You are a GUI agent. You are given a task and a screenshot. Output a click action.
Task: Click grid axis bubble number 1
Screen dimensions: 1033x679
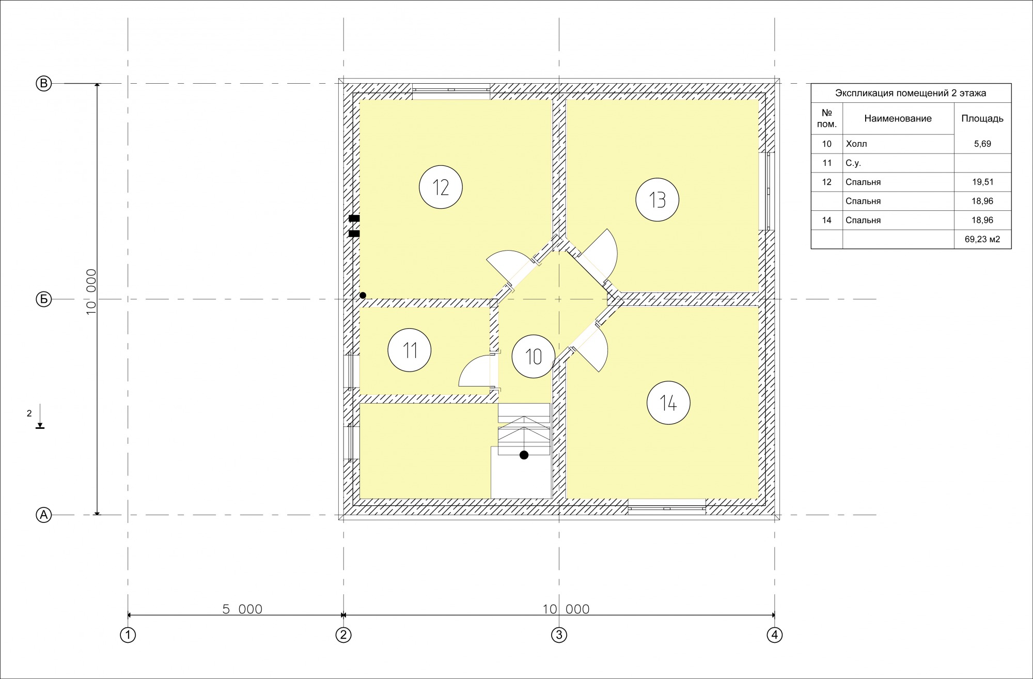(x=128, y=635)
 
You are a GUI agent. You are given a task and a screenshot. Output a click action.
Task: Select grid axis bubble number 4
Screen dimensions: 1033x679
(x=775, y=635)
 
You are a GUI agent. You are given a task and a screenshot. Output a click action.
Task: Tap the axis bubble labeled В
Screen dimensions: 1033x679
(x=44, y=84)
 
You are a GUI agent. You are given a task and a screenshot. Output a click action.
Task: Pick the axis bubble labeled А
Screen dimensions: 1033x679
(x=44, y=515)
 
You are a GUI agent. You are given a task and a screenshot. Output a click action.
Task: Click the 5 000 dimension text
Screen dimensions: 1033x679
(x=242, y=609)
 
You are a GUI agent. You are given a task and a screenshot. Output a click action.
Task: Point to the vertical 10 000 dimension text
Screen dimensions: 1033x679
(x=91, y=291)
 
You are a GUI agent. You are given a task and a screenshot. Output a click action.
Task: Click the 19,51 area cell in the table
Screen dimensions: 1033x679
(x=982, y=182)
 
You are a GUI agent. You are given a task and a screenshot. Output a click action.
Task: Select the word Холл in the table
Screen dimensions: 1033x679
(x=856, y=144)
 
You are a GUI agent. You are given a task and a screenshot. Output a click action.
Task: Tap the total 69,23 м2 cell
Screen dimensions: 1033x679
(x=982, y=239)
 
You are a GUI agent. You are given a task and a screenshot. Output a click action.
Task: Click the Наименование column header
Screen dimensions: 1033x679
(x=898, y=118)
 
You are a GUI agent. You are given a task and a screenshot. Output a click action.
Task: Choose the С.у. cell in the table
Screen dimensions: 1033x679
(x=853, y=163)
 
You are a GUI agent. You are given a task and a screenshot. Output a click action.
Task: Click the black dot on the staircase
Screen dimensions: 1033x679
(x=524, y=455)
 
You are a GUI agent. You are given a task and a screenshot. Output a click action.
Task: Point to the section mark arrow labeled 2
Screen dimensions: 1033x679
(x=40, y=418)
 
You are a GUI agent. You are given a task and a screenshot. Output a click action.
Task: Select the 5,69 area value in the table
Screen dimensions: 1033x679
(x=982, y=144)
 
